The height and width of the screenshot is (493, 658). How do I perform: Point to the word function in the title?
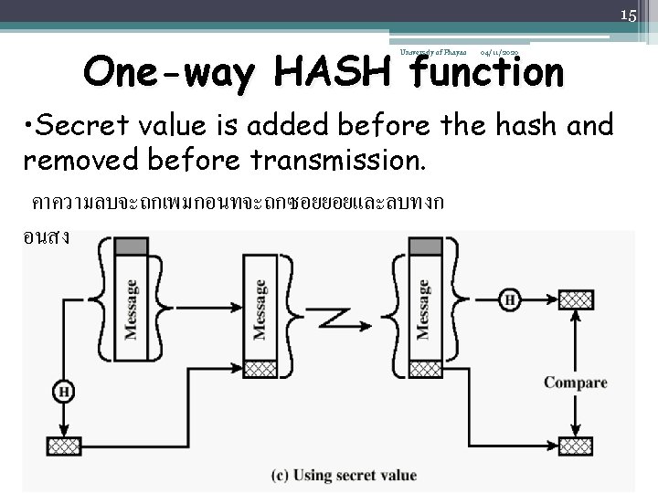[486, 73]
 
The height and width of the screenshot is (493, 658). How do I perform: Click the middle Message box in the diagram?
[260, 309]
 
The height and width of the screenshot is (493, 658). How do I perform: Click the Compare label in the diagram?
[575, 383]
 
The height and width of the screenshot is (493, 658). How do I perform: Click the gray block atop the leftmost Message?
[132, 246]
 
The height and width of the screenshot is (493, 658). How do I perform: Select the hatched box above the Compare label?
[575, 299]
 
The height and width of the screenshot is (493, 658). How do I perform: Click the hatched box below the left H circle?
[65, 446]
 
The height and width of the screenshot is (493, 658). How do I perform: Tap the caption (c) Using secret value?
[344, 476]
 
